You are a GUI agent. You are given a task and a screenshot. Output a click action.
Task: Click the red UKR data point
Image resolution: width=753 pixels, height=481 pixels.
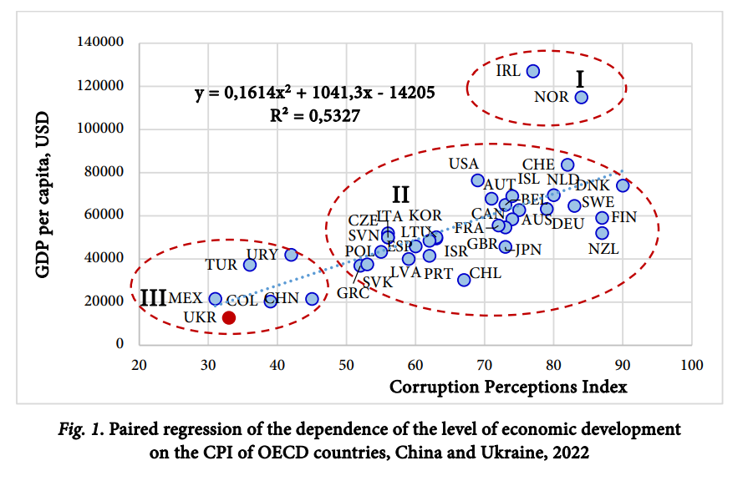point(228,317)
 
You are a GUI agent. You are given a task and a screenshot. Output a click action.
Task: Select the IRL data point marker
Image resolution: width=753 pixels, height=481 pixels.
point(533,72)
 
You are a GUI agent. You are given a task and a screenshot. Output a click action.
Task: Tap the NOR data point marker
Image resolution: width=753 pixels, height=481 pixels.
point(581,97)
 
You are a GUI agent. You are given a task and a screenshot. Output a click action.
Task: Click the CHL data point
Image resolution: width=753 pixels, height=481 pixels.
point(464,280)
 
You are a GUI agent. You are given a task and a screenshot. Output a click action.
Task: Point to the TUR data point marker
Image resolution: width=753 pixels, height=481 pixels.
point(250,265)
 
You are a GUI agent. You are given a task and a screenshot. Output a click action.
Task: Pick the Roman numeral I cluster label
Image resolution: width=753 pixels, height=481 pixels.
point(580,79)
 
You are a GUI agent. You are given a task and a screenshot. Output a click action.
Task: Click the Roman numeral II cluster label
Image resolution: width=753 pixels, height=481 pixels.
point(400,195)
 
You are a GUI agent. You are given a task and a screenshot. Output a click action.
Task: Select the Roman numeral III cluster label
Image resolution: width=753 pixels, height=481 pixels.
point(153,298)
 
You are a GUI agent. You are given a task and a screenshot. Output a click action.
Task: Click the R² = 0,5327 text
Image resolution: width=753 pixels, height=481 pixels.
point(313,115)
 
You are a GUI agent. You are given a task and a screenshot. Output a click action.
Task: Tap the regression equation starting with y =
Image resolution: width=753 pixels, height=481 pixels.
point(314,92)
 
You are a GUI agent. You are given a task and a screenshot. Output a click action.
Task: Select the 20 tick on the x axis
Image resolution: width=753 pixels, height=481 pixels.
point(140,366)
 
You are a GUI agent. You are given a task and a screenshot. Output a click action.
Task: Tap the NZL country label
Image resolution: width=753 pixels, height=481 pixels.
point(603,248)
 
